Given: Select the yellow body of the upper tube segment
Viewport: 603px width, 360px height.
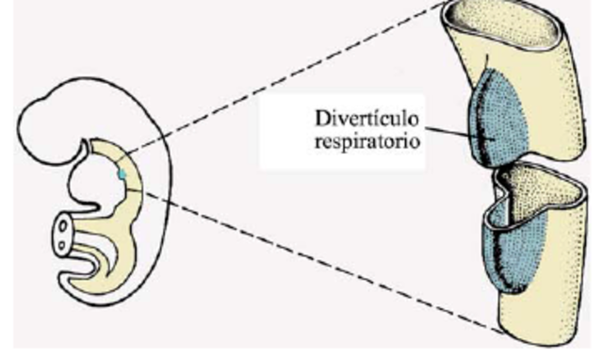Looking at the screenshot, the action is tap(556, 104).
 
